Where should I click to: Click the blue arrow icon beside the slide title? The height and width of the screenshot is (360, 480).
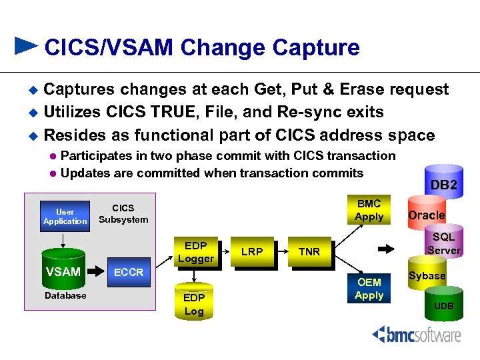click(x=27, y=45)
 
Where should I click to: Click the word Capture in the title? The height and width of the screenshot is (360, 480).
click(x=315, y=47)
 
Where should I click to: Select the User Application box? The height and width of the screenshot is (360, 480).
click(x=65, y=216)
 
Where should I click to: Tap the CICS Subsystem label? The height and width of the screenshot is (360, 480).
click(x=123, y=213)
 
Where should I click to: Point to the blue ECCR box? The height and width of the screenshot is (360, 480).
click(x=128, y=272)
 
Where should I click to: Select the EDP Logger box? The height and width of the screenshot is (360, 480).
click(x=195, y=251)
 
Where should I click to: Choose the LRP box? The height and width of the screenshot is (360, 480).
click(x=251, y=251)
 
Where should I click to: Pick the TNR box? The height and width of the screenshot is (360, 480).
click(x=309, y=251)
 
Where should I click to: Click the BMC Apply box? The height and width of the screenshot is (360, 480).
click(x=369, y=210)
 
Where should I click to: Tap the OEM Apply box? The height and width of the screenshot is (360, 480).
click(x=369, y=289)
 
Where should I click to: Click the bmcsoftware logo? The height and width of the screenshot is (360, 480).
click(x=416, y=334)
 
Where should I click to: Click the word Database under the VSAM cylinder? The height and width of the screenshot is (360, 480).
click(x=65, y=295)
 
